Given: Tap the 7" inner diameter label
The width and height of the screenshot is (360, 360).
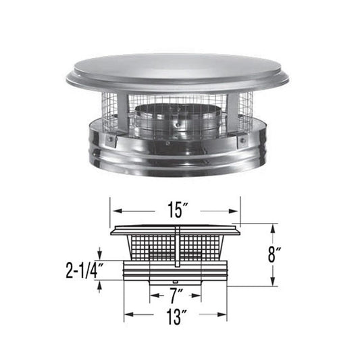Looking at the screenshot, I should (176, 295).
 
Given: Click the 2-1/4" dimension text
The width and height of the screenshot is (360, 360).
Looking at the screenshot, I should (83, 272).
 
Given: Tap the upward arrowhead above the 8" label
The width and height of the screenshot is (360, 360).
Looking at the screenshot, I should (273, 228).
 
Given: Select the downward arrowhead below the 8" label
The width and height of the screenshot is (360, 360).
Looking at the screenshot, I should (273, 282).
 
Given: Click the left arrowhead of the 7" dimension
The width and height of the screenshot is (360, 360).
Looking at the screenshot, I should (153, 295).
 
